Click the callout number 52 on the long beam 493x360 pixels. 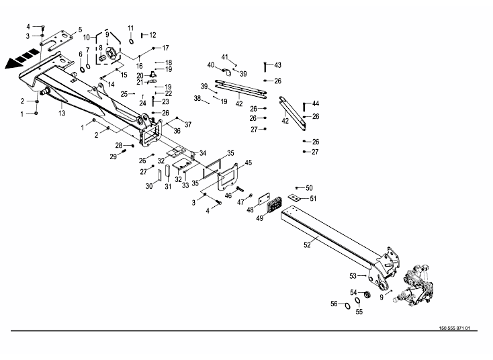pyautogui.click(x=307, y=246)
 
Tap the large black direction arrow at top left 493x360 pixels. pyautogui.click(x=18, y=60)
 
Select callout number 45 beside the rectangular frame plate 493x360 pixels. pyautogui.click(x=248, y=163)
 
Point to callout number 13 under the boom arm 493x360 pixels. pyautogui.click(x=62, y=113)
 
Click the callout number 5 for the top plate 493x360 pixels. pyautogui.click(x=80, y=30)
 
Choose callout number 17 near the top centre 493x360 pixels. pyautogui.click(x=165, y=48)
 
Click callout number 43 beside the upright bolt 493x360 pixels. pyautogui.click(x=278, y=65)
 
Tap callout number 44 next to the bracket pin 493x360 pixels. pyautogui.click(x=316, y=103)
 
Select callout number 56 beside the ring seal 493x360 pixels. pyautogui.click(x=333, y=304)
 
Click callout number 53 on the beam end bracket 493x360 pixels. pyautogui.click(x=353, y=275)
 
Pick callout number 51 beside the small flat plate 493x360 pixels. pyautogui.click(x=313, y=198)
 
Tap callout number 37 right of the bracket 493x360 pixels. pyautogui.click(x=188, y=124)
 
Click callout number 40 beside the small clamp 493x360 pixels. pyautogui.click(x=210, y=65)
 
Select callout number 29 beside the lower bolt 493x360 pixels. pyautogui.click(x=113, y=156)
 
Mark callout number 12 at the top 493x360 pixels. pyautogui.click(x=152, y=34)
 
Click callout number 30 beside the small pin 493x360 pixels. pyautogui.click(x=149, y=186)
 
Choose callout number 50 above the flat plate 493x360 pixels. pyautogui.click(x=309, y=188)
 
